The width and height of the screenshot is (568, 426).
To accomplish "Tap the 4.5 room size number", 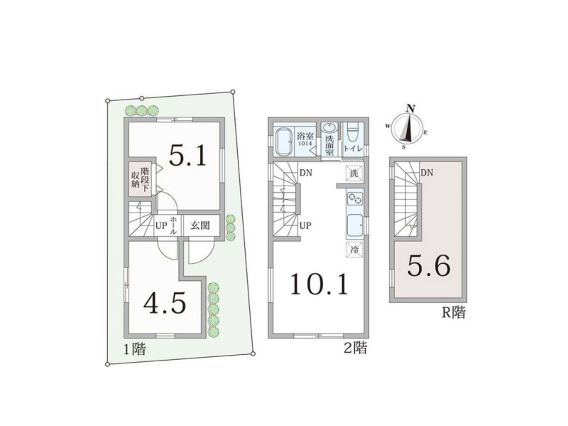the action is coord(165,303).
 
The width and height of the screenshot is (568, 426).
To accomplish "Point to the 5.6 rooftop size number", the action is coord(429,265).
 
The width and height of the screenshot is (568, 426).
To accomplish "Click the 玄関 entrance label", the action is coord(200,225).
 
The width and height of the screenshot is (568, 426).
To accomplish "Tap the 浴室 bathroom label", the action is coord(305,137).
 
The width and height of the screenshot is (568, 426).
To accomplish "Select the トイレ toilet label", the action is coord(351,149).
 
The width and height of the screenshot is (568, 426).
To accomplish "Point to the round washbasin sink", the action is coord(329,128).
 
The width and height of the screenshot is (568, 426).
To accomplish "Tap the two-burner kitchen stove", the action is coord(355,198).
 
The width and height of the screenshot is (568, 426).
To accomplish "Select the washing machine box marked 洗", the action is coord(354,174).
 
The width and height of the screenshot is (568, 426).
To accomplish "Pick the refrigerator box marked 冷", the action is coord(354,250).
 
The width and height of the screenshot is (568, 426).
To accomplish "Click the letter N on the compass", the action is coord(410,109).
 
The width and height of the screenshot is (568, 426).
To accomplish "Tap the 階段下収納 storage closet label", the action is coord(140,177).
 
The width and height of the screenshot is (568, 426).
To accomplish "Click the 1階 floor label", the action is coord(135,350).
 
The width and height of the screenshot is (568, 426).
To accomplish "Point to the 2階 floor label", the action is coord(355,348).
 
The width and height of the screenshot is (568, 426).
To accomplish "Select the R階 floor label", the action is coord(454,312).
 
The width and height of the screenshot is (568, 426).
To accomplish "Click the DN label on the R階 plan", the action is coord(427,173).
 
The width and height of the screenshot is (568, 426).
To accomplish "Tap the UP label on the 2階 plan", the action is coord(305,225).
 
